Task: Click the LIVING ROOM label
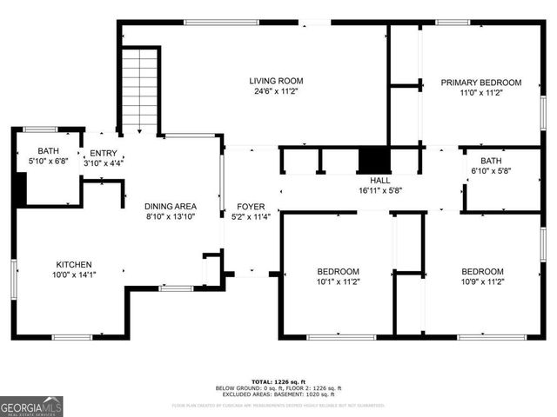click(278, 81)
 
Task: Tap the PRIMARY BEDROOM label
click(480, 83)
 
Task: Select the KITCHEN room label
click(74, 265)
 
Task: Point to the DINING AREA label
click(170, 206)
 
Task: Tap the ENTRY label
click(104, 153)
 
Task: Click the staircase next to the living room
click(140, 90)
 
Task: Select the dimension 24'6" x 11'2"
click(278, 91)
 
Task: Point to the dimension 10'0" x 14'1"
click(74, 275)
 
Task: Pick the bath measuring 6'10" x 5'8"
click(491, 166)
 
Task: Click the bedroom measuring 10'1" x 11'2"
click(337, 276)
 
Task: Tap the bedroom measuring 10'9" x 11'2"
click(481, 276)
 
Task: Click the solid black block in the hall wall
click(375, 161)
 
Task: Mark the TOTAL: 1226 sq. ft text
click(278, 381)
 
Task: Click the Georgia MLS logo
click(31, 406)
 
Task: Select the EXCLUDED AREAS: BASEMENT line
click(278, 394)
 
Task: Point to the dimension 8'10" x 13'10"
click(170, 216)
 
